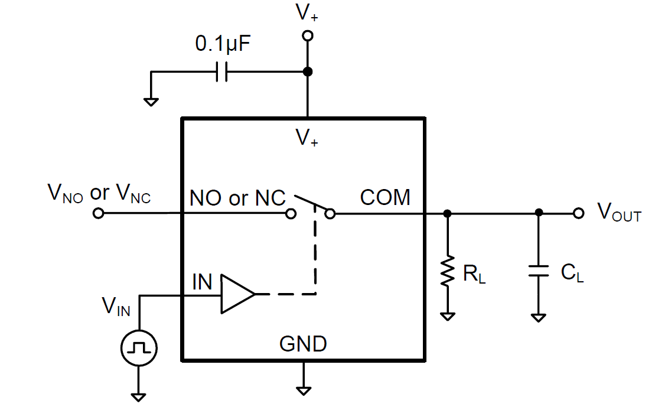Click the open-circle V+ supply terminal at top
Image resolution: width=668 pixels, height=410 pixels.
tap(307, 36)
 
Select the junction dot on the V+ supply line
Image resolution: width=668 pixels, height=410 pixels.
tap(307, 72)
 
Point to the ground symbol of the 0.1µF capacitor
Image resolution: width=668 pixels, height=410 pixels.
tap(151, 101)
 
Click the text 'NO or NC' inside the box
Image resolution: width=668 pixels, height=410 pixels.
tap(237, 198)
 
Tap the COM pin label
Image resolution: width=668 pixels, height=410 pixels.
tap(385, 197)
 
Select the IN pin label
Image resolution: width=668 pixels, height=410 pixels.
tap(202, 282)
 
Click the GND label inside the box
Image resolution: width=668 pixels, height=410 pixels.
tap(303, 343)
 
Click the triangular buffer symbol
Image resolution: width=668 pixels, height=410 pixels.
tap(237, 294)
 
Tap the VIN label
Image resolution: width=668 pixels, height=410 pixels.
tap(116, 306)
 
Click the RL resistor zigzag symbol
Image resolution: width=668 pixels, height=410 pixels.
tap(448, 272)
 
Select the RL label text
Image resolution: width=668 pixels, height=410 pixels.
tap(474, 275)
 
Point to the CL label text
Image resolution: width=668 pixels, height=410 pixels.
tap(572, 272)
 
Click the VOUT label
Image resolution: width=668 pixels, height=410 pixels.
tap(619, 212)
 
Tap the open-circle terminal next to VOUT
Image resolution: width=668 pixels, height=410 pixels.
tap(579, 213)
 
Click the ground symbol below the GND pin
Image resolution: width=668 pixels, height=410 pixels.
tap(304, 390)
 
